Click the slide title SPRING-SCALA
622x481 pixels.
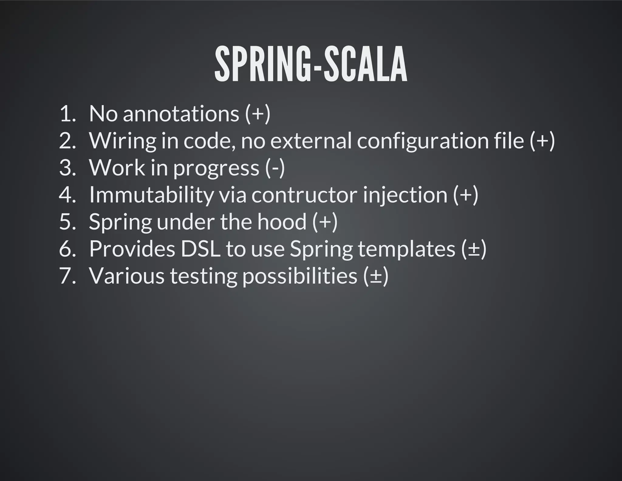pos(310,64)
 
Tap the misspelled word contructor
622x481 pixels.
pos(304,195)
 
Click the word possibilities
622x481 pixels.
pos(300,276)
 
